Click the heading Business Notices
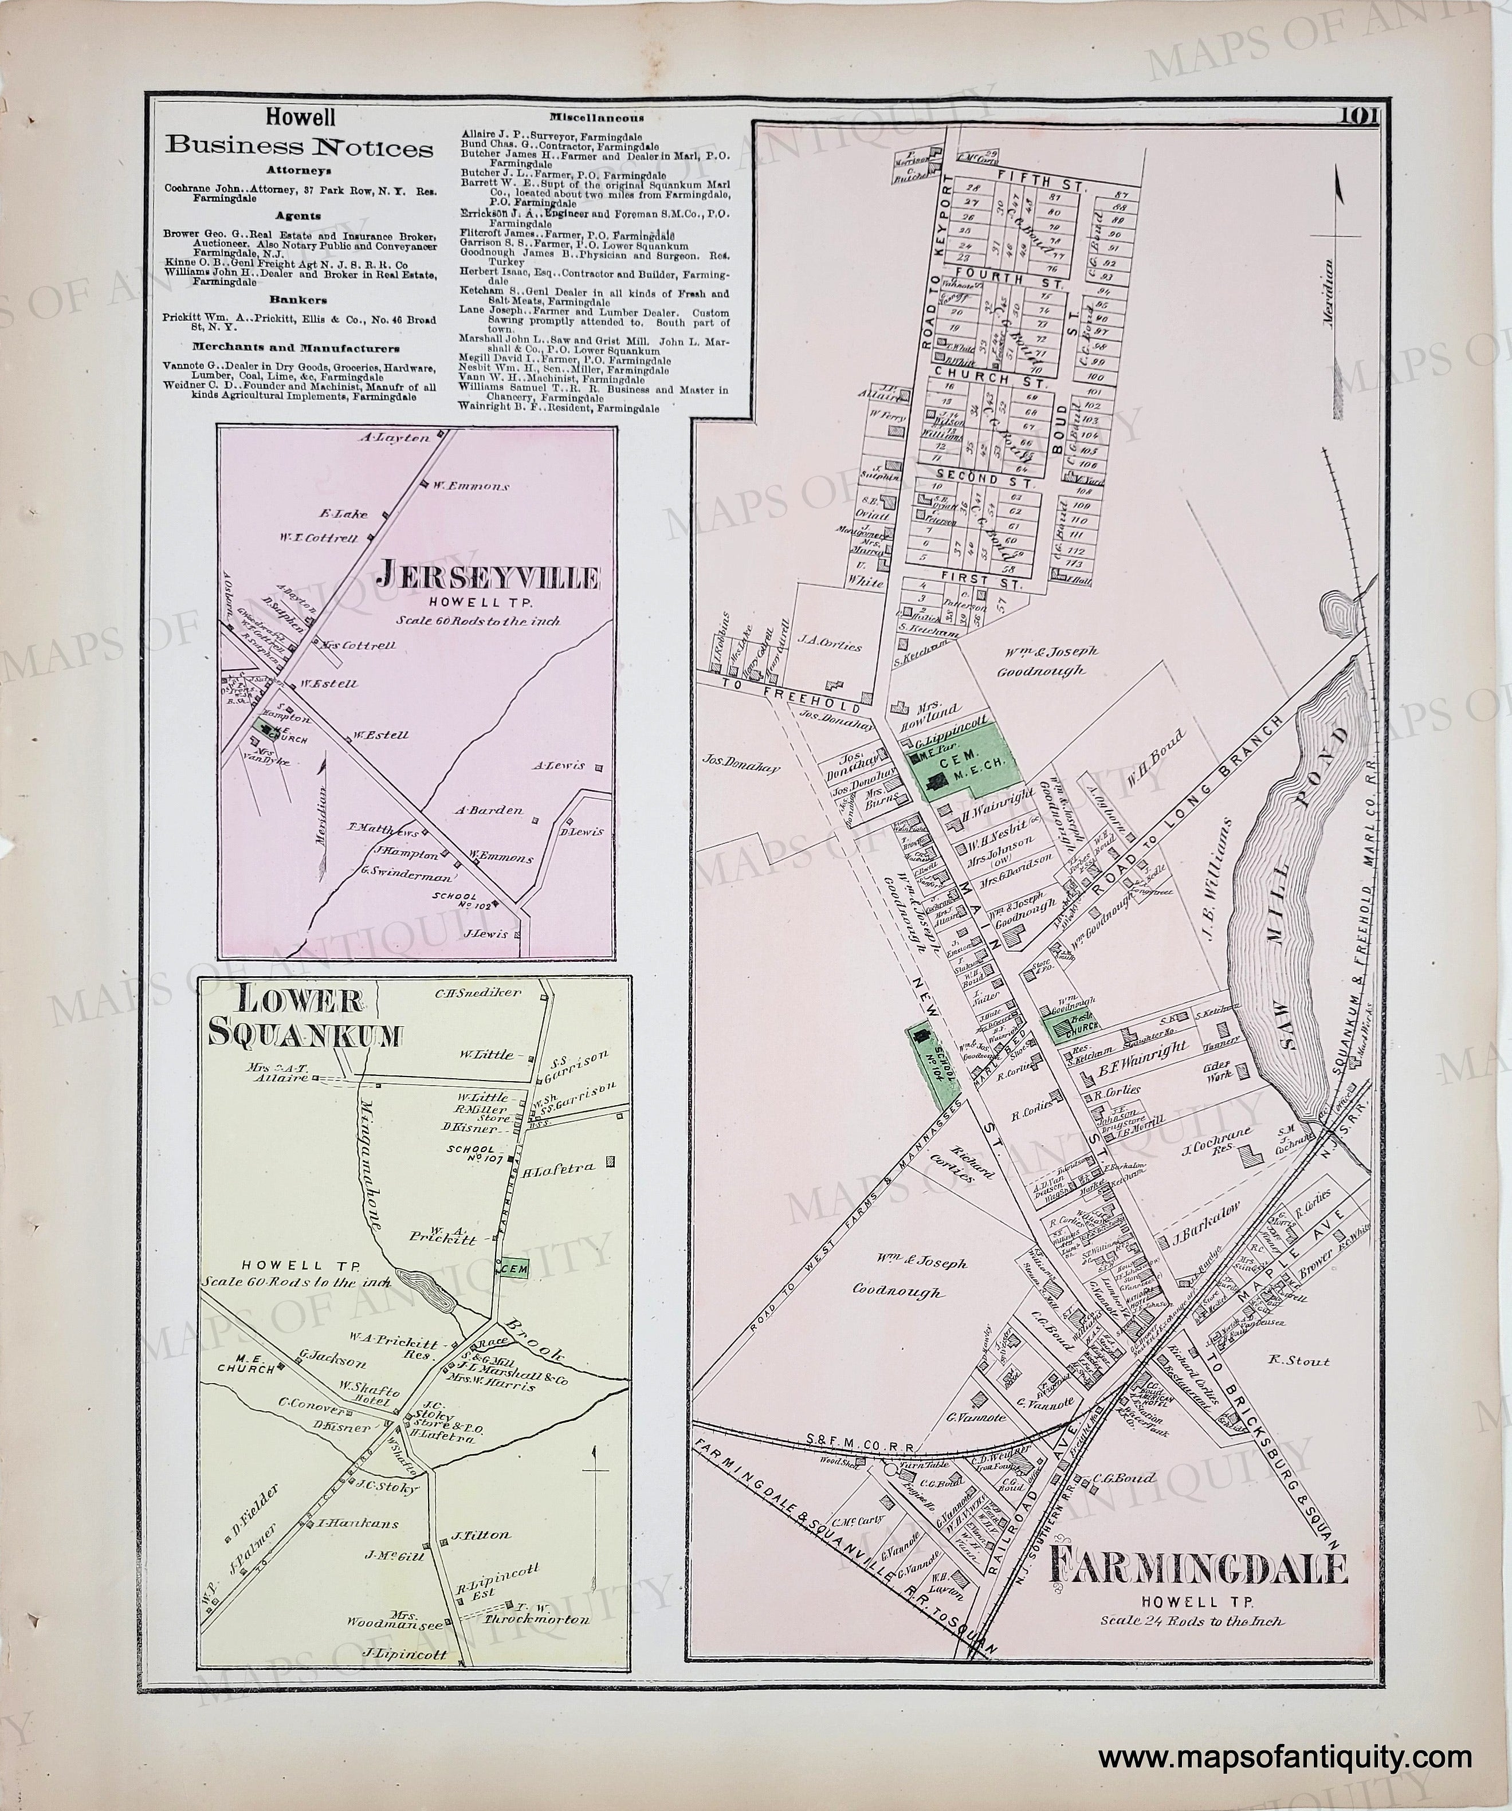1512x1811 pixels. (x=299, y=147)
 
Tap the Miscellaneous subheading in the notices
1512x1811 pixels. (x=595, y=117)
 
